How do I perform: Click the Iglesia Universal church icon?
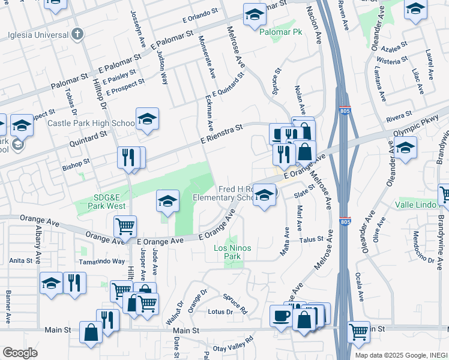pos(77,34)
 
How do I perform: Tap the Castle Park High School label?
pos(91,124)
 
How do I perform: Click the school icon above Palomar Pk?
pos(255,14)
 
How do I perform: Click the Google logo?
pos(20,352)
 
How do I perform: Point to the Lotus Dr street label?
pos(220,312)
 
